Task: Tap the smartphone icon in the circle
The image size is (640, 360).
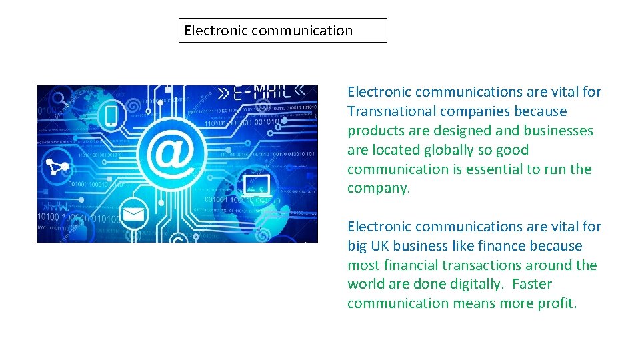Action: (x=111, y=116)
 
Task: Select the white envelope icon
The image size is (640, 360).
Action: (x=133, y=215)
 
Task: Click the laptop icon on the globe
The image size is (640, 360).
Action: (x=257, y=185)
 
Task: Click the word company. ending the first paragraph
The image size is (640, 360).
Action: (x=379, y=189)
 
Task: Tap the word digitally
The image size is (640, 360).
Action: (x=469, y=285)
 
